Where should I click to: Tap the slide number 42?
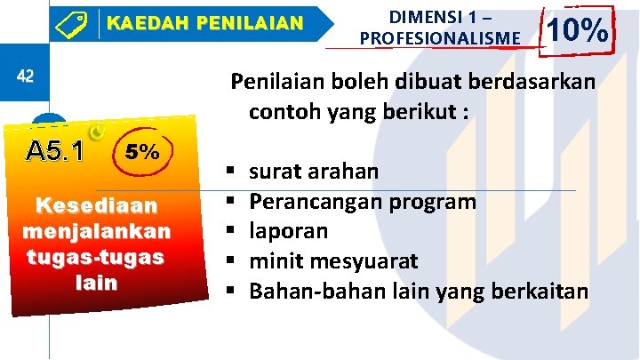(x=25, y=76)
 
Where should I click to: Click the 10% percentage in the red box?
(x=578, y=32)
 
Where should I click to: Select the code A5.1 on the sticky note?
(x=55, y=152)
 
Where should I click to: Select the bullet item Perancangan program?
(x=362, y=201)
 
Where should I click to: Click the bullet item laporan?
(x=288, y=231)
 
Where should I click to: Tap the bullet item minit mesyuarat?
(x=333, y=261)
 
